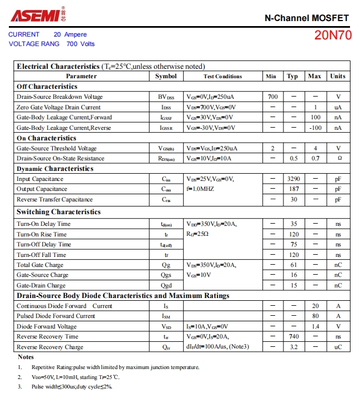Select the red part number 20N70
(332, 36)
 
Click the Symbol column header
(166, 76)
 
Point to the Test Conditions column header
(222, 76)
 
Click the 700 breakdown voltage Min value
(272, 97)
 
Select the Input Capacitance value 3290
(293, 179)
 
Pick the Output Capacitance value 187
(293, 189)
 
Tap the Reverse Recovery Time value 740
(293, 336)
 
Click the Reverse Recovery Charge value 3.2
(293, 347)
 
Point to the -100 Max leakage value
(315, 128)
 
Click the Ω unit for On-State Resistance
(338, 158)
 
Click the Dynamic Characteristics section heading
(55, 169)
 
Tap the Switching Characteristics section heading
(58, 212)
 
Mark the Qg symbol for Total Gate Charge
(166, 265)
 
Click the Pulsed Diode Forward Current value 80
(315, 316)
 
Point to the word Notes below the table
(26, 357)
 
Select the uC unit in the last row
(338, 347)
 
